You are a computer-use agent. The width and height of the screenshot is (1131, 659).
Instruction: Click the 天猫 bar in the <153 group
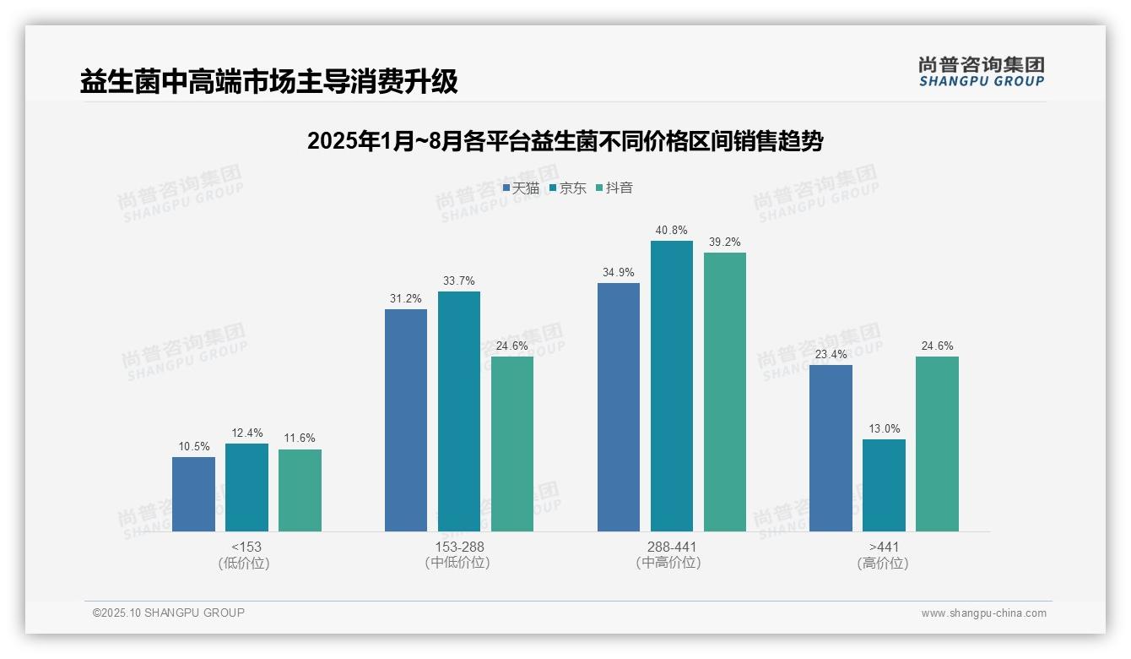[x=193, y=494]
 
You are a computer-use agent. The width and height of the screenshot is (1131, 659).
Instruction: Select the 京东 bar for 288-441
[x=672, y=386]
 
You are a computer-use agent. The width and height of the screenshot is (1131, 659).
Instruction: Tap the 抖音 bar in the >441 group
[x=937, y=444]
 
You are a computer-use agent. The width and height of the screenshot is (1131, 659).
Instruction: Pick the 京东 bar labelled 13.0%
[x=884, y=485]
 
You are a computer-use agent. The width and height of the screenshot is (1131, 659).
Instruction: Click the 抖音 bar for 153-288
[x=512, y=444]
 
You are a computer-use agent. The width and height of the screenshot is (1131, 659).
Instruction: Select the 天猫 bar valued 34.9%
[x=619, y=407]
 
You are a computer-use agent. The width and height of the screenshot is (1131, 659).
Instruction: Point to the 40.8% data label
[x=672, y=230]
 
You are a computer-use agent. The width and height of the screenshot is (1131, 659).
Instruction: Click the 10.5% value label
[x=193, y=446]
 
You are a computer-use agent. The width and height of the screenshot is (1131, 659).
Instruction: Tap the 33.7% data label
[x=459, y=280]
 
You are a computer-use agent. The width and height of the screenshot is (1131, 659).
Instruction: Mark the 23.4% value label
[x=831, y=354]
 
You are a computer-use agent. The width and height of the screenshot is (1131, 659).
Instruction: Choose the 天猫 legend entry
[x=521, y=188]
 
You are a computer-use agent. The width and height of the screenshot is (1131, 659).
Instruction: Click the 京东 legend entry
[x=567, y=188]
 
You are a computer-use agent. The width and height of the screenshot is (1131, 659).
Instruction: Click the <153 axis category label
[x=246, y=547]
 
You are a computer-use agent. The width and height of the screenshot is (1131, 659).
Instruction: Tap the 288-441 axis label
[x=672, y=547]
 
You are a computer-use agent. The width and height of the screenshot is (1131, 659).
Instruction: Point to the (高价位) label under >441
[x=884, y=564]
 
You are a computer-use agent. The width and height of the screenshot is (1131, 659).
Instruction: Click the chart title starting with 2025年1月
[x=565, y=141]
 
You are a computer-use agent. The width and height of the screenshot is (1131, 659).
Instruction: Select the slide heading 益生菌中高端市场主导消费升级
[x=268, y=82]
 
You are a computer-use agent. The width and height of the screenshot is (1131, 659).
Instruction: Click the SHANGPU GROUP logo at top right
[x=981, y=72]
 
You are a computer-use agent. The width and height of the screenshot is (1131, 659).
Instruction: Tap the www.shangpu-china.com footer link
[x=983, y=613]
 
